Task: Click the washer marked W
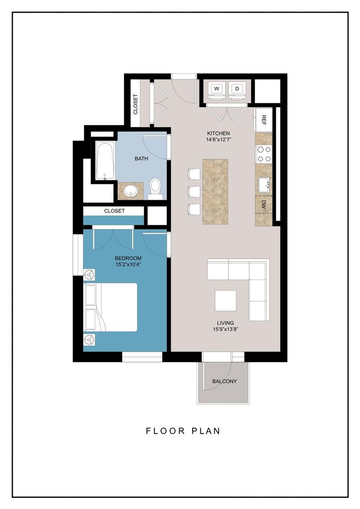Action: [217, 89]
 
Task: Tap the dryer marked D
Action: [237, 89]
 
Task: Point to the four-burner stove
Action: [264, 153]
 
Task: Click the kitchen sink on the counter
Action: [264, 183]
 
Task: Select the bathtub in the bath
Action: [105, 161]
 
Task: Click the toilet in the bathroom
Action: [155, 189]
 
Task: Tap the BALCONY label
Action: [224, 381]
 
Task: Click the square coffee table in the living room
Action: [226, 301]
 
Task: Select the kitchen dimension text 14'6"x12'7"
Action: [217, 140]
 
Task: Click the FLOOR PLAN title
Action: [183, 431]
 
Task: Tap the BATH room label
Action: [141, 158]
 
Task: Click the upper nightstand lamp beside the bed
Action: [89, 273]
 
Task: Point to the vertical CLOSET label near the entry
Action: [136, 105]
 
